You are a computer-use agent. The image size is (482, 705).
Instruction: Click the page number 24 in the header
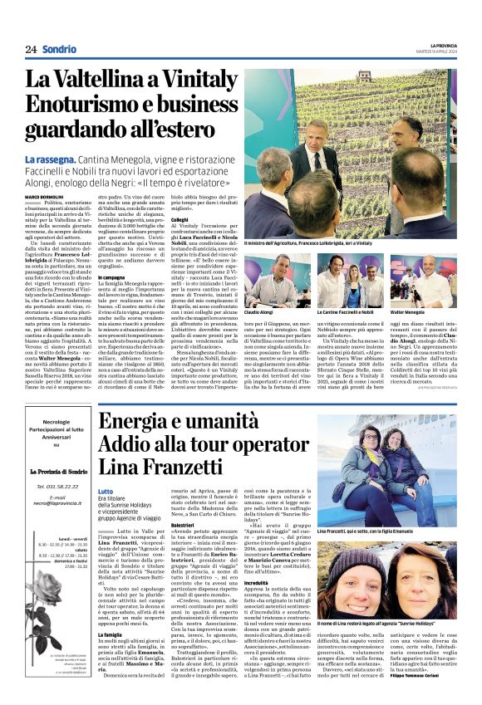point(30,49)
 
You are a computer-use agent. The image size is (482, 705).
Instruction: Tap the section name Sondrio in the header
point(59,49)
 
